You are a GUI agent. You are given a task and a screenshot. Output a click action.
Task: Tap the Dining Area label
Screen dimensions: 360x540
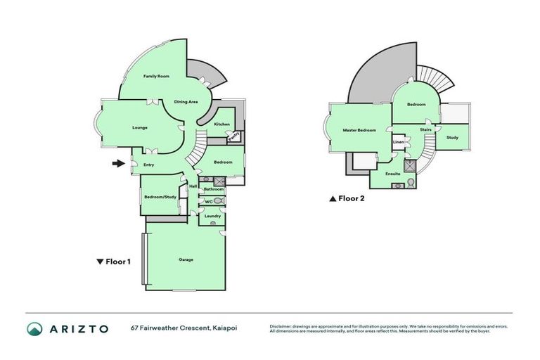(186, 102)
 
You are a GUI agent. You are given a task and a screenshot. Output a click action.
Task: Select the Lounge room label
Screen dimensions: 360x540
(139, 128)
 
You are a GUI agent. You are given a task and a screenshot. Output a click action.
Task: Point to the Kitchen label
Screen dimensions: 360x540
(221, 124)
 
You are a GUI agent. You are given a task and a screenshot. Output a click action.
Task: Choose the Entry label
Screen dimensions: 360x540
(149, 165)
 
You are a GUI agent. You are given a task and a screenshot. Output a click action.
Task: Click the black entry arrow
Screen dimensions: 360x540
(117, 165)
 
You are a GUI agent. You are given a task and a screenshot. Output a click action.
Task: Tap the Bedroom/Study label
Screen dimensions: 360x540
(160, 197)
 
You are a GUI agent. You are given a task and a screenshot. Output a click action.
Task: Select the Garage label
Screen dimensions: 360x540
(186, 259)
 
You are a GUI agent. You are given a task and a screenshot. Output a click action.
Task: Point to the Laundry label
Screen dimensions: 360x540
(212, 216)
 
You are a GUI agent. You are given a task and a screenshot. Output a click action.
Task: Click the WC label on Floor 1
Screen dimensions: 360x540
(208, 202)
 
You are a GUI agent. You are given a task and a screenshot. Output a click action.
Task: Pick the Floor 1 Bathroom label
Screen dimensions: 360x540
(213, 189)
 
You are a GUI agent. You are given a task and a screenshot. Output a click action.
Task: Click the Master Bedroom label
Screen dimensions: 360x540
(359, 130)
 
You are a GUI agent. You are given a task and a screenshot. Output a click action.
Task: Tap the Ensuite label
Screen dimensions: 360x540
(393, 173)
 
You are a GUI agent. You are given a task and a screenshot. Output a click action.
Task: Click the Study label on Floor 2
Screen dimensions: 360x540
(452, 137)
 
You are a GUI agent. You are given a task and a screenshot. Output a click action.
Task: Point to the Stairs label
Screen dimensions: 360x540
(425, 130)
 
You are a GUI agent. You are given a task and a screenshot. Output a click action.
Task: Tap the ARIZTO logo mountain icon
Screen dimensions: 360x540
(35, 328)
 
